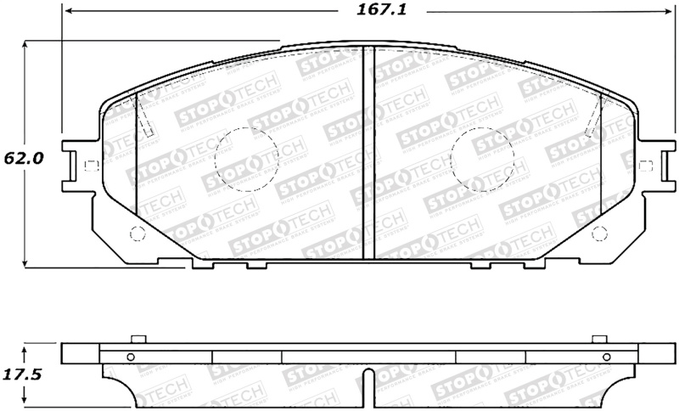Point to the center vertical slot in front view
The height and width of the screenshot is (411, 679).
coord(365,153)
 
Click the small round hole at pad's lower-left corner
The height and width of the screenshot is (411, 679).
coord(133,235)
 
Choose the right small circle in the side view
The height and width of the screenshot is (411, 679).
coord(604,358)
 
